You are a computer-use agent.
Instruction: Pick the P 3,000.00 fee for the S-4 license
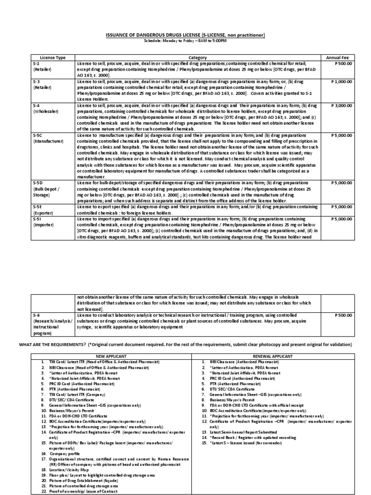(x=342, y=104)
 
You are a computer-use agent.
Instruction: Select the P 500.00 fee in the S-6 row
(x=343, y=315)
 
